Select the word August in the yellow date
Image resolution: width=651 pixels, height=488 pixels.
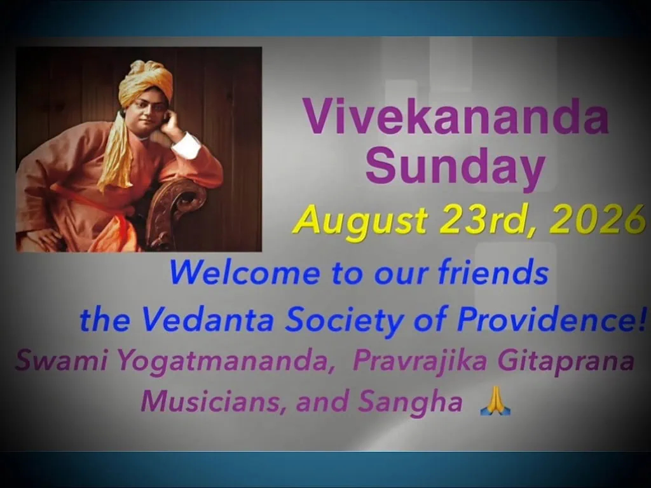360,222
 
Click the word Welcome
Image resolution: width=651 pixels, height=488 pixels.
245,273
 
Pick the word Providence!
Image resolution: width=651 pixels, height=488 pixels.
552,319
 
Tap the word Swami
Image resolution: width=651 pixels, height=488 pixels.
62,360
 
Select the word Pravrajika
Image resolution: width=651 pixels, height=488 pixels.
420,361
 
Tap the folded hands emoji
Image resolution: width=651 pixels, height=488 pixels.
495,402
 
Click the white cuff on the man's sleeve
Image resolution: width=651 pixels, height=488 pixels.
186,146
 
